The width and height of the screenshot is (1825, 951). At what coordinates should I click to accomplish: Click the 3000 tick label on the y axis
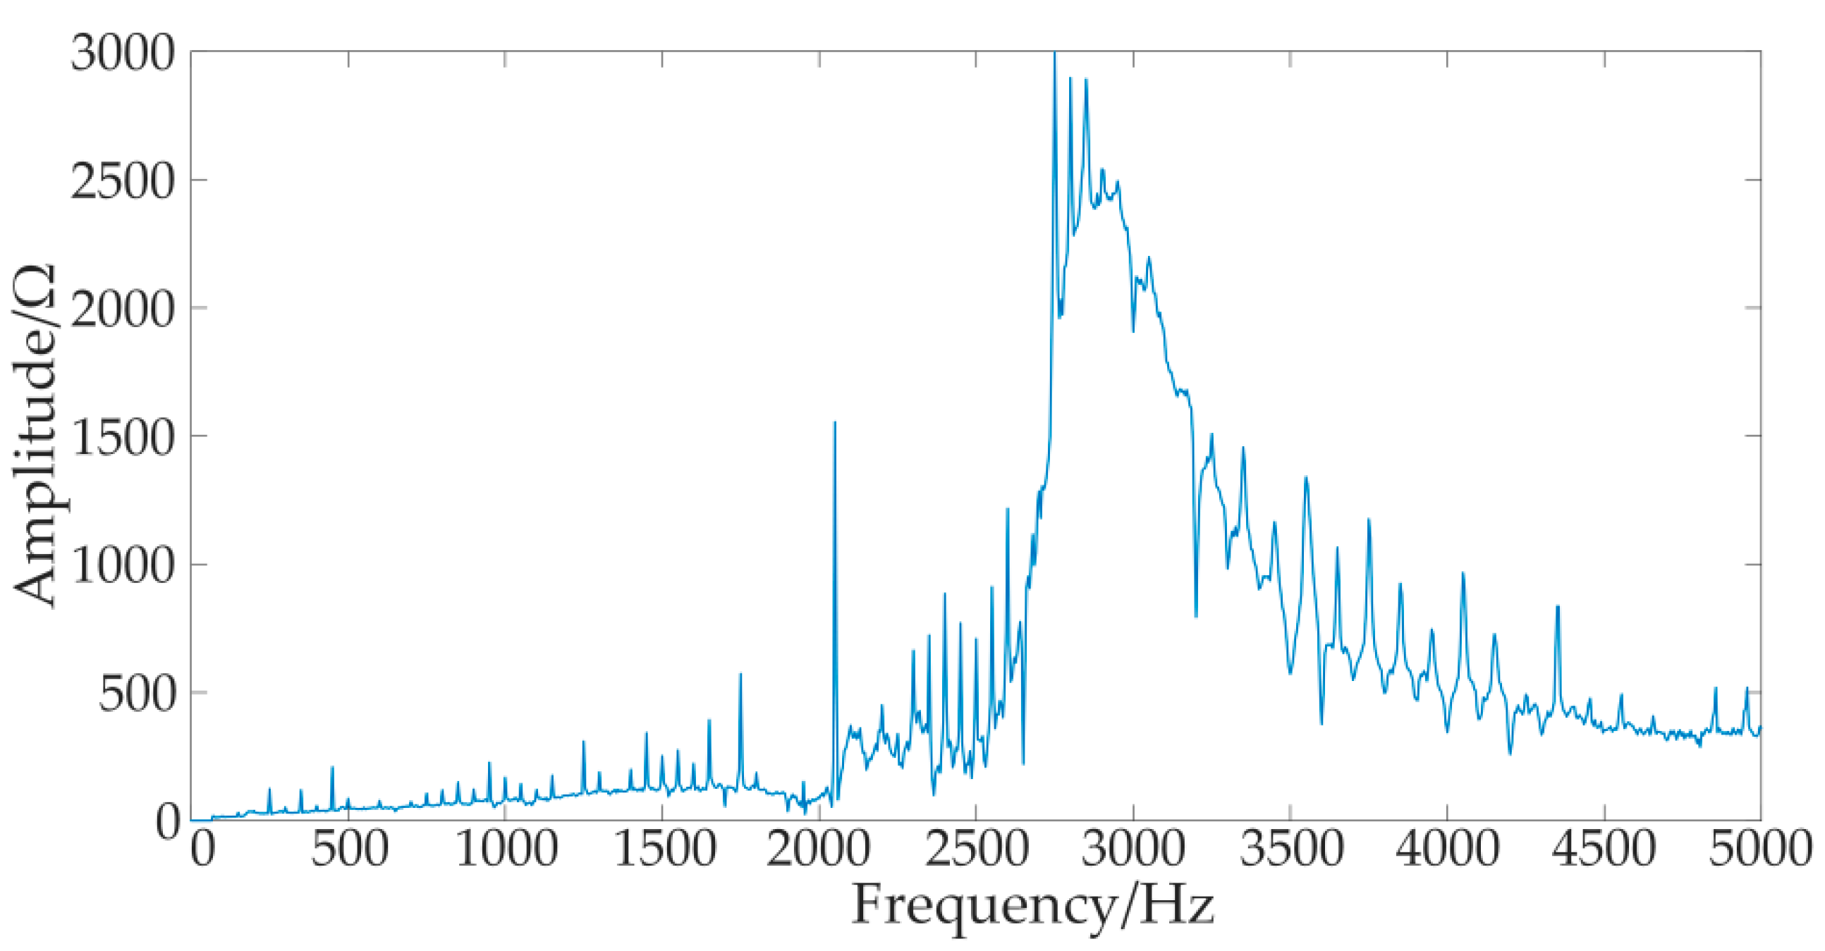click(x=123, y=52)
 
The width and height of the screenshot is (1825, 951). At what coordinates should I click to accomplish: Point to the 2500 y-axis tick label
click(x=123, y=181)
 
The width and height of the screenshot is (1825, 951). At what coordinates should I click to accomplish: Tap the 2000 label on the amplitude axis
click(x=123, y=309)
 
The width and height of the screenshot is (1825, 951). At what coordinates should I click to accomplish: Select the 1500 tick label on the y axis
click(x=123, y=438)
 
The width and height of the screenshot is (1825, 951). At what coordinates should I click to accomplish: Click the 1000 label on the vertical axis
click(x=123, y=566)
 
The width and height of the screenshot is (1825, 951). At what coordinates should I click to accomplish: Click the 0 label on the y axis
click(x=169, y=822)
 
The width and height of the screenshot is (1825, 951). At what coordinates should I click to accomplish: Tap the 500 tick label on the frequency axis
click(x=349, y=849)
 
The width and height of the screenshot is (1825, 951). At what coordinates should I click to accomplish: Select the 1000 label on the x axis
click(x=506, y=849)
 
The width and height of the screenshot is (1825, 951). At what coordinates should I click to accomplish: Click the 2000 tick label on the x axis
click(x=818, y=849)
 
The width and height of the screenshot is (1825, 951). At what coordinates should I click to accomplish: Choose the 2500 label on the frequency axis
click(x=975, y=849)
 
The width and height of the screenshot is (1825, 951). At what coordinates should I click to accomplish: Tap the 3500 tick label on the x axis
click(x=1290, y=849)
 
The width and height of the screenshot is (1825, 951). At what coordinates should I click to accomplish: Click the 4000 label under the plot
click(x=1448, y=849)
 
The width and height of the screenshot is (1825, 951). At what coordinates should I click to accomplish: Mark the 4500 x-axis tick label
click(x=1604, y=849)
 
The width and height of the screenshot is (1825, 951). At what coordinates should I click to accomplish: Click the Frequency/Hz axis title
click(x=1033, y=906)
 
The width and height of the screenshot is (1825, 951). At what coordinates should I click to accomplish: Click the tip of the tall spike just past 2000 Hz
click(x=834, y=423)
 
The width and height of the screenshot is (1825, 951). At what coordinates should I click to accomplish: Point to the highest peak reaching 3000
click(x=1054, y=54)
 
